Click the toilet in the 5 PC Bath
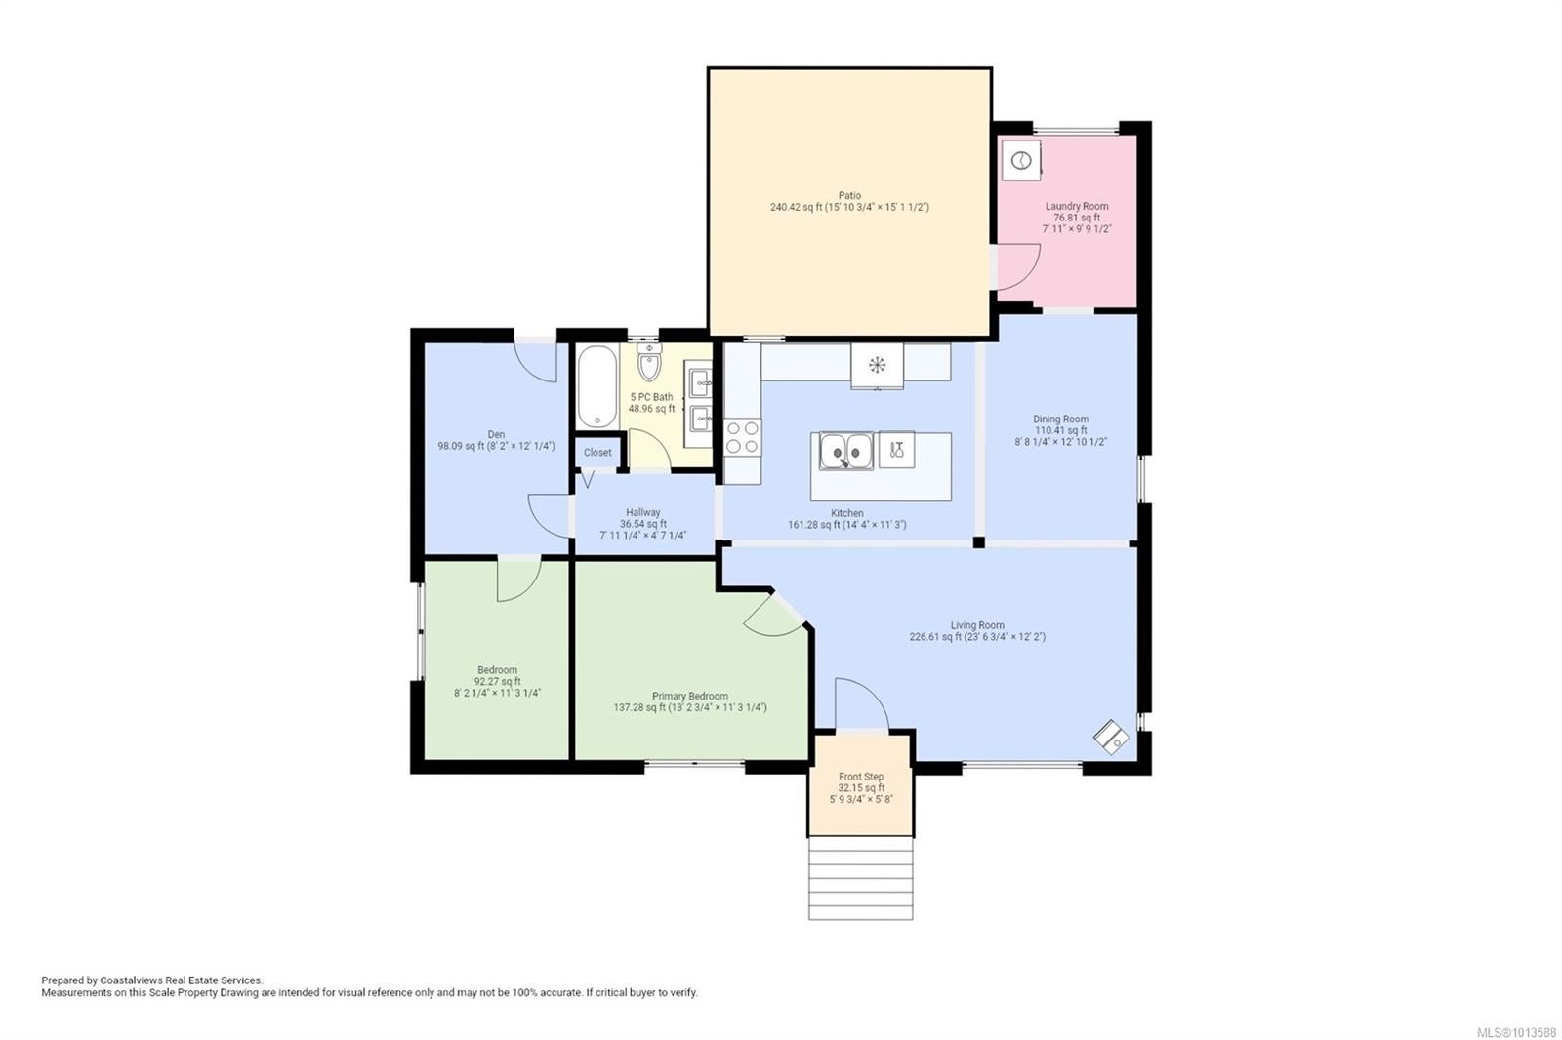pos(649,362)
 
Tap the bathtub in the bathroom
pos(596,386)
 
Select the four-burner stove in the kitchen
pos(742,437)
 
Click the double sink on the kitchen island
pos(845,451)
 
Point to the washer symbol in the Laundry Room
pos(1021,161)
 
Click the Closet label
pos(597,453)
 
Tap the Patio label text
pos(849,196)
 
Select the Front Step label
pos(861,777)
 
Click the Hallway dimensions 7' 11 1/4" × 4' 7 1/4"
pos(643,536)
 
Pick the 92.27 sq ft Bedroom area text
pos(497,682)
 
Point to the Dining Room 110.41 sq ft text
pos(1060,431)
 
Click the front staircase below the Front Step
pos(860,878)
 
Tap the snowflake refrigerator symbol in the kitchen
pos(877,365)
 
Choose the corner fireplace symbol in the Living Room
pos(1111,737)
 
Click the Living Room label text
pos(977,626)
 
